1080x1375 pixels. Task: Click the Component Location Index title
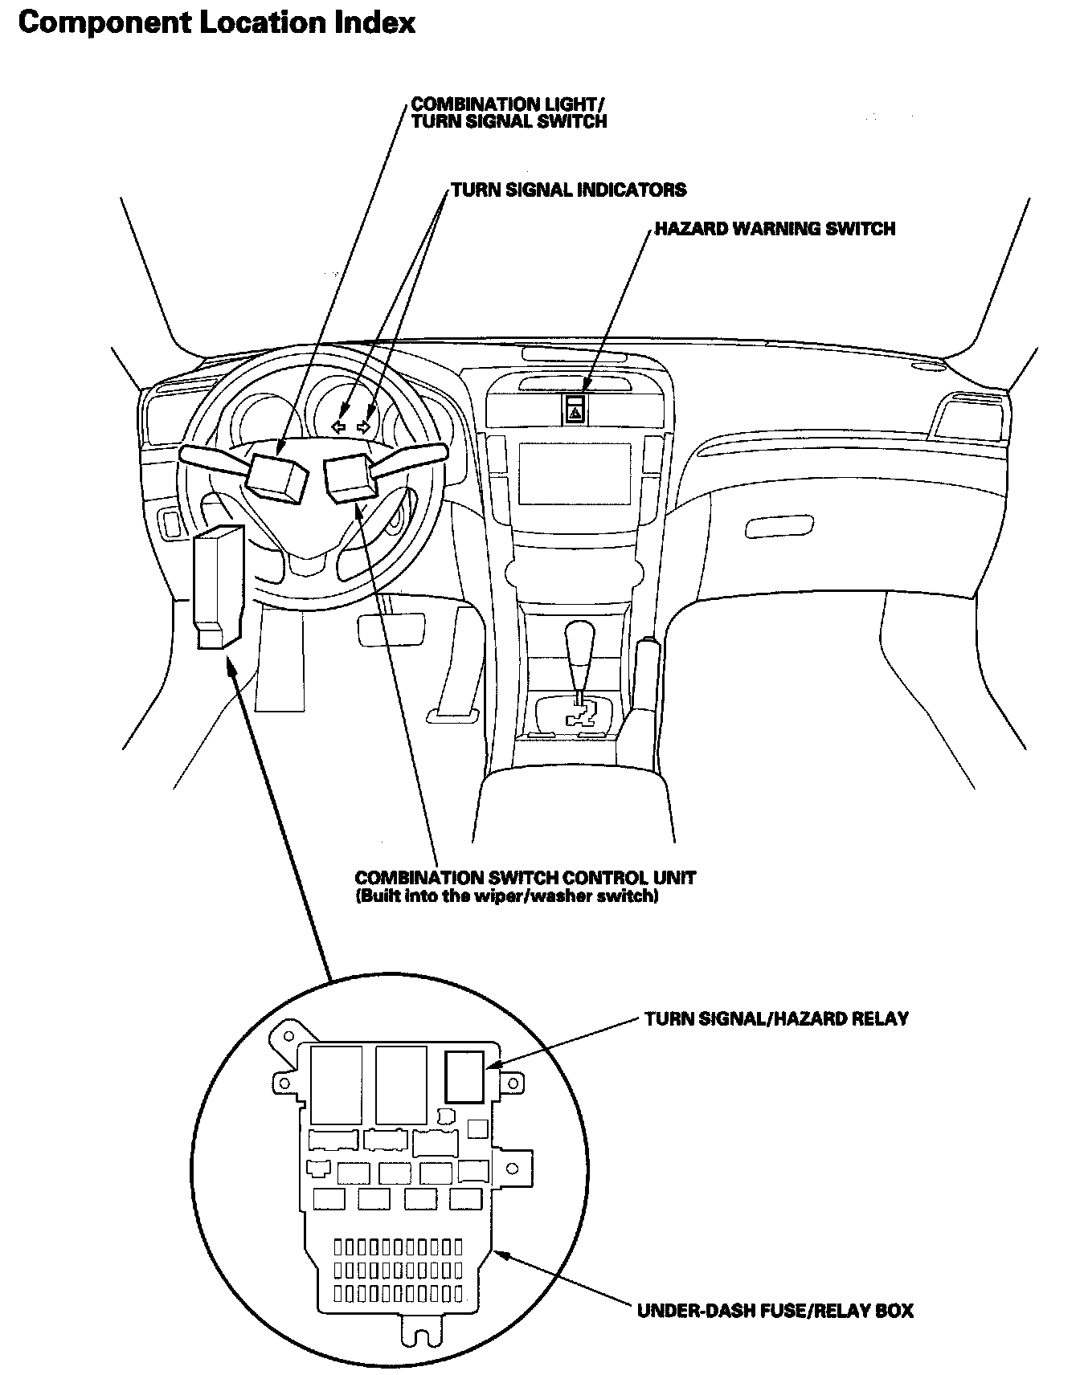click(x=216, y=22)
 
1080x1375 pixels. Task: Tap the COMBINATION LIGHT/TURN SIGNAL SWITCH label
click(x=508, y=112)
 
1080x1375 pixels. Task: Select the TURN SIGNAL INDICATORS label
click(x=568, y=190)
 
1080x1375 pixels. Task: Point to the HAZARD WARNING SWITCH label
click(x=774, y=229)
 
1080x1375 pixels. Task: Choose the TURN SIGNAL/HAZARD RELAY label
click(x=776, y=1019)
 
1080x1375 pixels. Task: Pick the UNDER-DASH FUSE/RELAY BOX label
click(x=775, y=1311)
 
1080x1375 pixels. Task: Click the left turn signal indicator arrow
click(x=339, y=427)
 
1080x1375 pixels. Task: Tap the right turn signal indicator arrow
click(x=365, y=427)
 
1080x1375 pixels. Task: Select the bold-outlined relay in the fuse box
click(x=465, y=1076)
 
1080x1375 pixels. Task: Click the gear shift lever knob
click(x=579, y=640)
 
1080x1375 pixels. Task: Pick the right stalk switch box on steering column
click(x=349, y=477)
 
